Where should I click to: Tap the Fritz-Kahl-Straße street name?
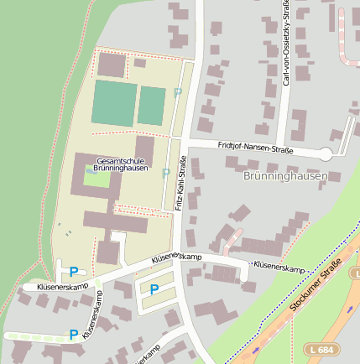(180, 184)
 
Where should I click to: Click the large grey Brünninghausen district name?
(284, 176)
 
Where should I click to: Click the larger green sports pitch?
(114, 103)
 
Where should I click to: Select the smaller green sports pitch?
(152, 106)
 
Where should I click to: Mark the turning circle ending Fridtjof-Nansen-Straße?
(326, 153)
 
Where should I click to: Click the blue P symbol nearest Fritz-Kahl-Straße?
(154, 289)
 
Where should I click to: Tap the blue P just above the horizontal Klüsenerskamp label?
(74, 272)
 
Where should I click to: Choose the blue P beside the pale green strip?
(74, 335)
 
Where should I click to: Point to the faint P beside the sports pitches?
(177, 92)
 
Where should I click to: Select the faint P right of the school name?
(166, 173)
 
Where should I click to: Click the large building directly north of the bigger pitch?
(111, 65)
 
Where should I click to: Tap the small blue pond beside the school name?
(91, 172)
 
